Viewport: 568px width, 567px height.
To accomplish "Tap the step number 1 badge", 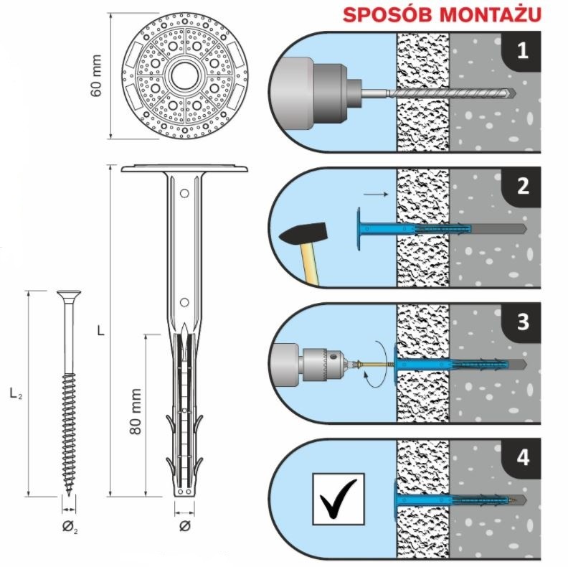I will (x=522, y=51).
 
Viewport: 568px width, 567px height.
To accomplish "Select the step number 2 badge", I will (x=523, y=186).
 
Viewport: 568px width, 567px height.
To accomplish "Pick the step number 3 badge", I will (x=523, y=321).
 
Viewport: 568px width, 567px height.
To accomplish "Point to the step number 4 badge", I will (x=523, y=456).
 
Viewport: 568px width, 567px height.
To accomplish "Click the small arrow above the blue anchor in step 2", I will (x=374, y=194).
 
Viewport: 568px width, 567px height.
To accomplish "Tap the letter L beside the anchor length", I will (x=101, y=332).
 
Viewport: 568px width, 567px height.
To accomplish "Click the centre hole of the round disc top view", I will (x=184, y=78).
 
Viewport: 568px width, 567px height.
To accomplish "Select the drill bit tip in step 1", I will (x=513, y=93).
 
